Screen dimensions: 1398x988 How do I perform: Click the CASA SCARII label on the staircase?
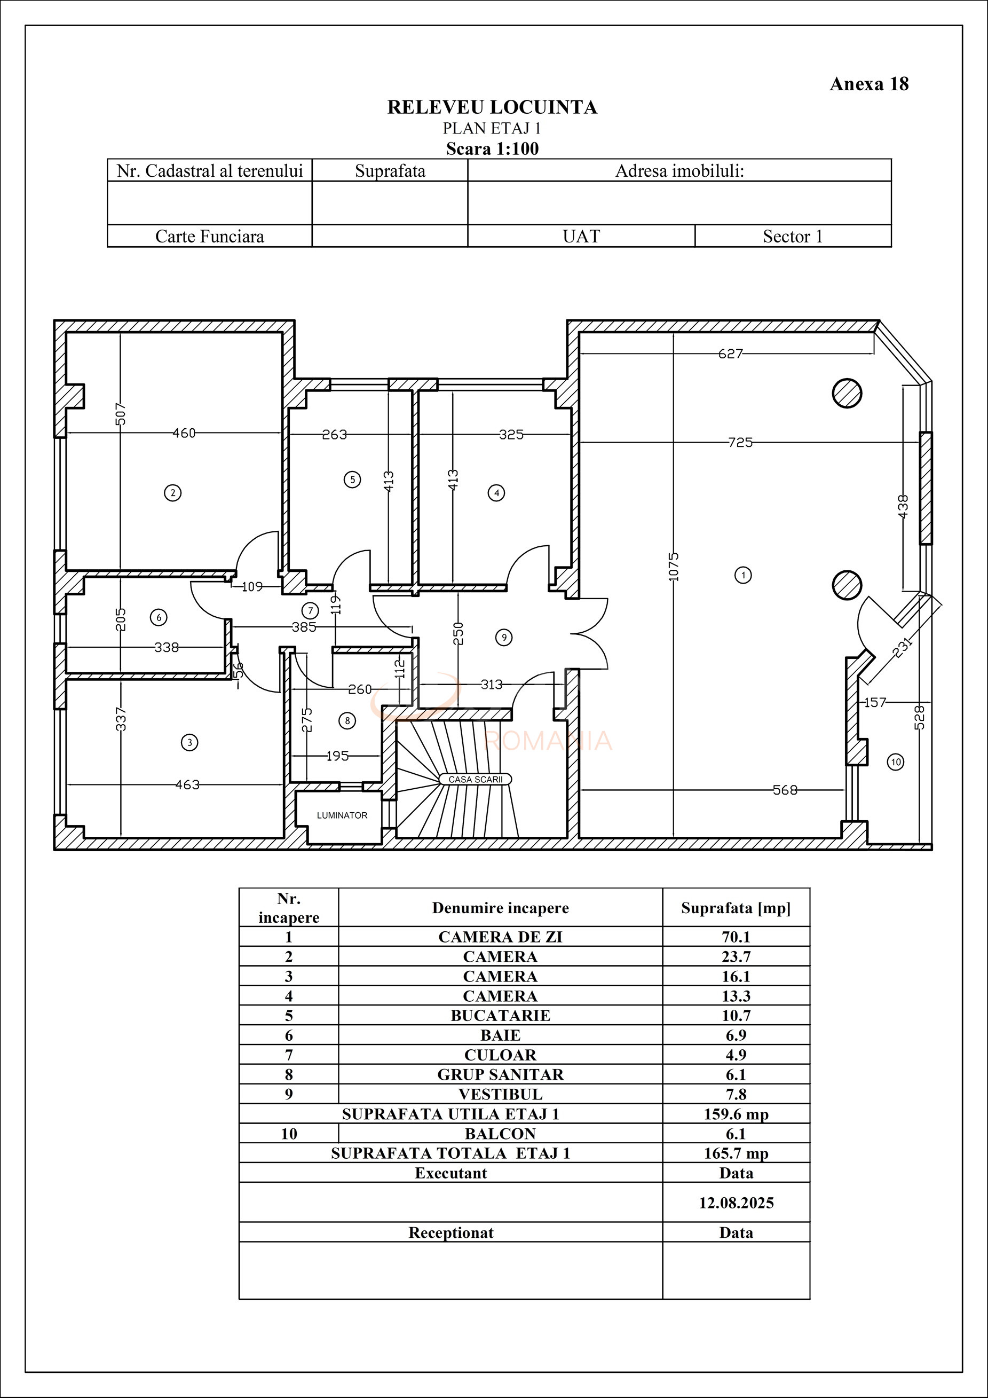point(476,780)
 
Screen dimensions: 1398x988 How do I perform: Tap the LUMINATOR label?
point(342,815)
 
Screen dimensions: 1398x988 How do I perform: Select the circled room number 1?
point(742,575)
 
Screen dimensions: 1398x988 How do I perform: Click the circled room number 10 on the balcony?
point(896,761)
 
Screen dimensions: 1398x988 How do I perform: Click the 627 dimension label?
point(731,354)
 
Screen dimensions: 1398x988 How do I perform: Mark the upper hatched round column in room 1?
point(847,394)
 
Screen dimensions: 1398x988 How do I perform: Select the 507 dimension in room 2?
point(121,414)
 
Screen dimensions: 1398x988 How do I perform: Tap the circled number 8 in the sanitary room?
point(347,721)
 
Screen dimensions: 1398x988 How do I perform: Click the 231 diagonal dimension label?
point(903,647)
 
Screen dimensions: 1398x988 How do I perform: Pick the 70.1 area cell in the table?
point(736,937)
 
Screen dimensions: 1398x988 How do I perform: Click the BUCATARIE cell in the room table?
point(500,1016)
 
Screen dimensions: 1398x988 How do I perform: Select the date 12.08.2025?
point(736,1203)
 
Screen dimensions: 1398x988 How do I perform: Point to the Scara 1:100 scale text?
point(492,148)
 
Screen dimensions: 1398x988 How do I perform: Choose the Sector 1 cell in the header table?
point(793,236)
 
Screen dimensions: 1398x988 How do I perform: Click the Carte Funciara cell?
point(209,236)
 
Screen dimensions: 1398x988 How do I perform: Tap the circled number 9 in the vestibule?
point(503,638)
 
